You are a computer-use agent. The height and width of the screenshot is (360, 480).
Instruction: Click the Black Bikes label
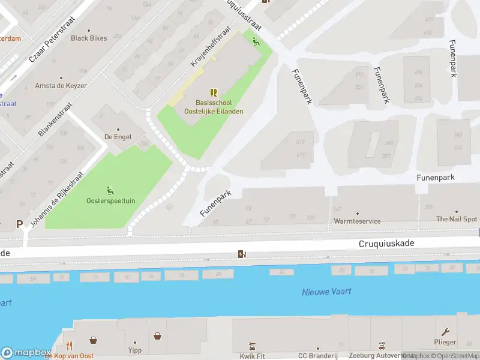(x=89, y=38)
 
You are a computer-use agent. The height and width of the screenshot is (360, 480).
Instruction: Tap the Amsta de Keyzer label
(x=61, y=86)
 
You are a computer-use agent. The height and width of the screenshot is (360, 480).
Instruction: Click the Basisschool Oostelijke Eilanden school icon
(x=213, y=92)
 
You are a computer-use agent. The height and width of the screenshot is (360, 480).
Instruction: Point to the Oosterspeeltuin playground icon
(x=110, y=191)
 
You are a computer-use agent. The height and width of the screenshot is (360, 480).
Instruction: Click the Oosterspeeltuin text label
(x=110, y=201)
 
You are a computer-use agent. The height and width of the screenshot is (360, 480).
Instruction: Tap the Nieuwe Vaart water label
(x=326, y=292)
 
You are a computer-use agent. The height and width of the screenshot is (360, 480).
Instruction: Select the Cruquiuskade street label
(x=386, y=244)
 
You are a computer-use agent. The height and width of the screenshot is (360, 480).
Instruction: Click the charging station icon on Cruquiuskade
(x=242, y=254)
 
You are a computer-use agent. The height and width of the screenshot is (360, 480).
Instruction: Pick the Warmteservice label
(x=357, y=221)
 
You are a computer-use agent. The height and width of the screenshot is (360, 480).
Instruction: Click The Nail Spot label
(x=457, y=220)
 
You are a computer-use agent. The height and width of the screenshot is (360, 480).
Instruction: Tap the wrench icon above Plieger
(x=445, y=332)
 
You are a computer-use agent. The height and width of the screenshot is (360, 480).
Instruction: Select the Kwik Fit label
(x=252, y=356)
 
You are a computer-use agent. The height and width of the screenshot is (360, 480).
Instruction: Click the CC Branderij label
(x=318, y=356)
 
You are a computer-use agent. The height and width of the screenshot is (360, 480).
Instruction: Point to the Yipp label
(x=134, y=350)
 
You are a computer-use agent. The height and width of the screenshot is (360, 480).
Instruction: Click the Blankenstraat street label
(x=55, y=119)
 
